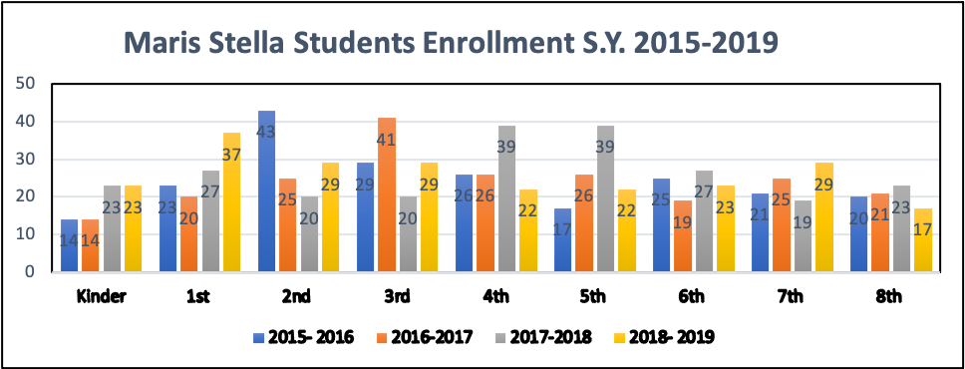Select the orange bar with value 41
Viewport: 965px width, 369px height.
point(386,194)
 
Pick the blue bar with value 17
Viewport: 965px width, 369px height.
point(563,240)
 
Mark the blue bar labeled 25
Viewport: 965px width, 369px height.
point(662,225)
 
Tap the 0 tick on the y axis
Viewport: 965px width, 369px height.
point(31,271)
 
